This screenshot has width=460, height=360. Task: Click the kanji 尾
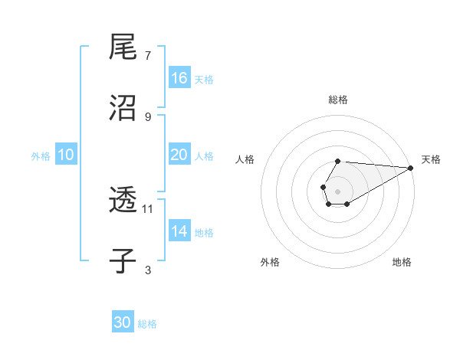123,47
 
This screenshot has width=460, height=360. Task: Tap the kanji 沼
123,108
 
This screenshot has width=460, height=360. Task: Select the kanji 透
123,201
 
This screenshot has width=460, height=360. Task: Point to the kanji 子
123,261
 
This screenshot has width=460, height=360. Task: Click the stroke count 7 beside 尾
148,56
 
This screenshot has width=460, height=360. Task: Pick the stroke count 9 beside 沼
148,116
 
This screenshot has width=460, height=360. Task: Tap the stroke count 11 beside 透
148,208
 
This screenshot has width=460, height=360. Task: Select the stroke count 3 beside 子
148,270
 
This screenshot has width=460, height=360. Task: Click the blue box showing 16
179,78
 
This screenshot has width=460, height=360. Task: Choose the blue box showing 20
179,155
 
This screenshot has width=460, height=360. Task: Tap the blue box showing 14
179,231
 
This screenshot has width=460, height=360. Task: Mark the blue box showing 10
66,155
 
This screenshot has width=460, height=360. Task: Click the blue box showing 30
123,323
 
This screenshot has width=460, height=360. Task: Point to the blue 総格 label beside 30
147,324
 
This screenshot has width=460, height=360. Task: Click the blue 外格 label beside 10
41,155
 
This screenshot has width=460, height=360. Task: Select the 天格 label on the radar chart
431,159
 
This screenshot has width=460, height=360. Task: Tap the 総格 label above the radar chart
338,100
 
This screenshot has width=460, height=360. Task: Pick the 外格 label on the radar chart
270,262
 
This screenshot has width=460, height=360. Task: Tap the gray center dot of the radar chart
337,190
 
